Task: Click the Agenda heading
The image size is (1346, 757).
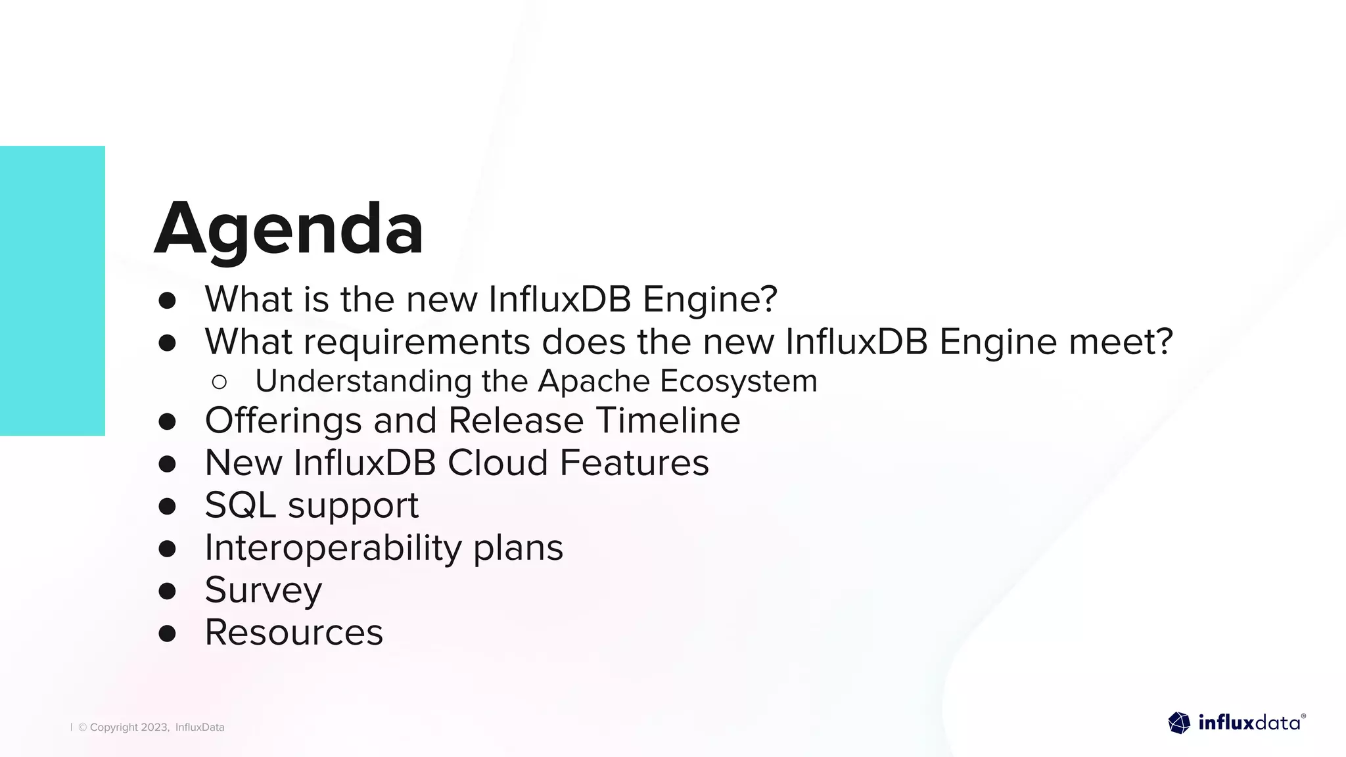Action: (289, 229)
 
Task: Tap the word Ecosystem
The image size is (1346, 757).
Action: (739, 381)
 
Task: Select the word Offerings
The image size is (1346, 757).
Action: (283, 421)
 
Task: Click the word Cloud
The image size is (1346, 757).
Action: (498, 463)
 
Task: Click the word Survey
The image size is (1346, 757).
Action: (264, 590)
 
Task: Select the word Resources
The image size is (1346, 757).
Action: (294, 632)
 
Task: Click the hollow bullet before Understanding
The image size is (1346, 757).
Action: (220, 382)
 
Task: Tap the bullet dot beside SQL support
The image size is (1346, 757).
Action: (168, 506)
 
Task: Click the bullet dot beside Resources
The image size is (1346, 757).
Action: (168, 633)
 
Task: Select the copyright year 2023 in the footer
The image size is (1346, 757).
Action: (154, 727)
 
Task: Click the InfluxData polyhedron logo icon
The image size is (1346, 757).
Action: (1179, 723)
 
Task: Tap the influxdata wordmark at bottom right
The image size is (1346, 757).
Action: (1249, 723)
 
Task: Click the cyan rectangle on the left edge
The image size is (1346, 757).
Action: (53, 290)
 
